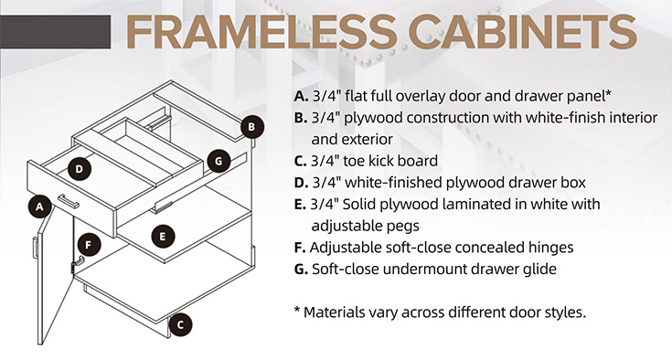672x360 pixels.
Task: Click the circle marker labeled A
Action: (x=39, y=206)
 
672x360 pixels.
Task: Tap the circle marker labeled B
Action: (x=253, y=128)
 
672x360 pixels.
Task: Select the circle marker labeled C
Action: (x=181, y=323)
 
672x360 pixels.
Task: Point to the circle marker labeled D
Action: (x=80, y=168)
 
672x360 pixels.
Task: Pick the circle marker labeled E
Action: (x=162, y=236)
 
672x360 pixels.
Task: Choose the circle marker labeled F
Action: (x=87, y=244)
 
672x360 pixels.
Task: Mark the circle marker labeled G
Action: (x=217, y=161)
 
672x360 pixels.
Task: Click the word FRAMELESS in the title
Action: (x=239, y=31)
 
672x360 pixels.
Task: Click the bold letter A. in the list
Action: (x=300, y=96)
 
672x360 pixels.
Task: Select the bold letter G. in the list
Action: (x=301, y=270)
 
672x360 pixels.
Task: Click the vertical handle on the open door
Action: (x=35, y=248)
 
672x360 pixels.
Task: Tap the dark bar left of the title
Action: (x=55, y=30)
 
